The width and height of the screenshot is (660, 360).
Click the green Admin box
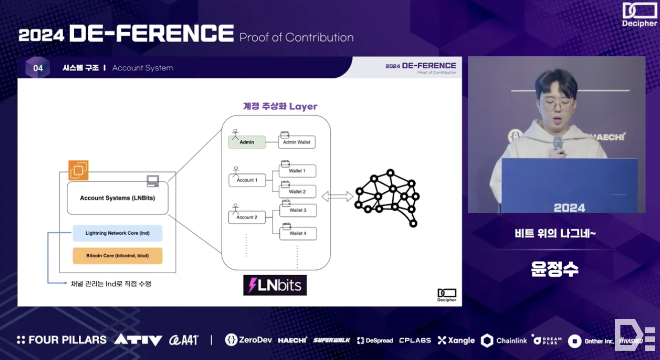(x=247, y=142)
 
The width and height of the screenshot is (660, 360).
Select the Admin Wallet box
(x=297, y=142)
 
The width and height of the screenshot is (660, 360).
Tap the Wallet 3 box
(x=297, y=210)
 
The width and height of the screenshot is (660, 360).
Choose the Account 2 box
(x=247, y=217)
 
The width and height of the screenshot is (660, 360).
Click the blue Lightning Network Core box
(x=117, y=233)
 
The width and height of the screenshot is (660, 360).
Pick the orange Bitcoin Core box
(x=117, y=256)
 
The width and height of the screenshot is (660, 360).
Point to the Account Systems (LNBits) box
(x=117, y=198)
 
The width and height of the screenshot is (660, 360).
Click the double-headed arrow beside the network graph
(x=337, y=197)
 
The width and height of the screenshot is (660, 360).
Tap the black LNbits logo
(x=275, y=285)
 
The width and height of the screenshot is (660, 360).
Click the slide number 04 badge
(x=38, y=68)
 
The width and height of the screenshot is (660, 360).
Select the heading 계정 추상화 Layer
(x=280, y=106)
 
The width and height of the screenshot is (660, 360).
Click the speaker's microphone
(x=558, y=143)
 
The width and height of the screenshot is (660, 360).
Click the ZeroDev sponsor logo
(x=248, y=340)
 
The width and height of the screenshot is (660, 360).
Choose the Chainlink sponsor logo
(x=504, y=340)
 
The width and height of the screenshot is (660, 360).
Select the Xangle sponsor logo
(x=456, y=340)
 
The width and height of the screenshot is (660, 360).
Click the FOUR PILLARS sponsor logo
(x=61, y=340)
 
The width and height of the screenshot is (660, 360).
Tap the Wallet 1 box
(x=297, y=171)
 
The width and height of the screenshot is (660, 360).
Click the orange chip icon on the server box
(x=78, y=170)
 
